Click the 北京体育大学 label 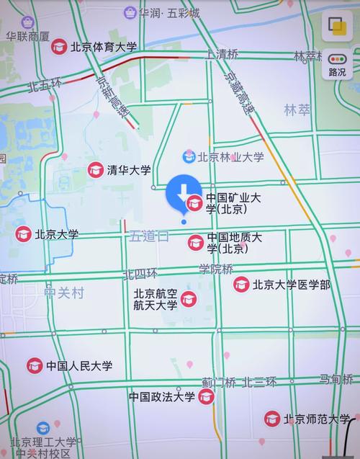(103, 47)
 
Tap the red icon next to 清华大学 (95, 171)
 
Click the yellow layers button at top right (336, 27)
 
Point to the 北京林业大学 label (230, 156)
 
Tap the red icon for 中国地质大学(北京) (195, 243)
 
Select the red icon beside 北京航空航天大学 (189, 299)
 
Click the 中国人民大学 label (79, 366)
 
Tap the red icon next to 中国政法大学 (207, 397)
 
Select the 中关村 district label (64, 293)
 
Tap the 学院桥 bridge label (216, 269)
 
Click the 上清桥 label (222, 54)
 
